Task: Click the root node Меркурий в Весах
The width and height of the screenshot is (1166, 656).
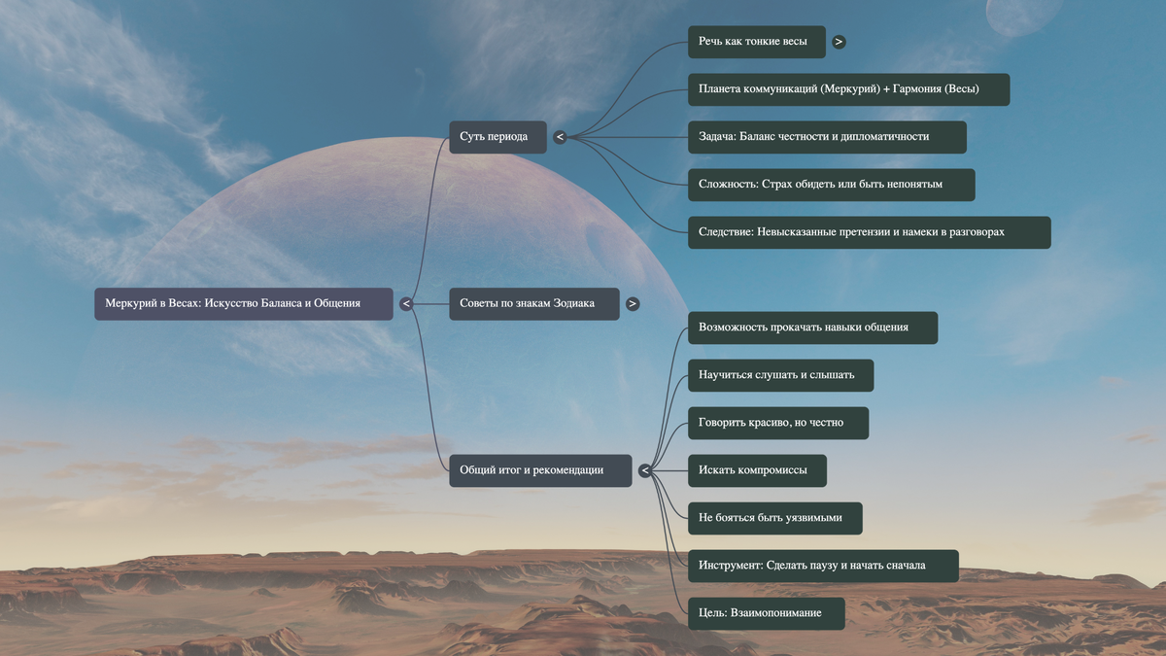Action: click(x=243, y=303)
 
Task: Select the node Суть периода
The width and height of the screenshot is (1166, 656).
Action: click(x=497, y=137)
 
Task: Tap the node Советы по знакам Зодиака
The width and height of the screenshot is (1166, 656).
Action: click(x=533, y=303)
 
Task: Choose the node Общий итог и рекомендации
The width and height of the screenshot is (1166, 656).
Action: click(x=539, y=470)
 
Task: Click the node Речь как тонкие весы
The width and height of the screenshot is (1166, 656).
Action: click(x=756, y=42)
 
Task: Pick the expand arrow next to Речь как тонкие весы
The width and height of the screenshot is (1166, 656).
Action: click(x=839, y=42)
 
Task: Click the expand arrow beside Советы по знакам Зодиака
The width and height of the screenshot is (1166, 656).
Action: click(x=633, y=304)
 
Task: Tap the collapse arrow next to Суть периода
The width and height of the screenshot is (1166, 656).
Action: click(x=560, y=137)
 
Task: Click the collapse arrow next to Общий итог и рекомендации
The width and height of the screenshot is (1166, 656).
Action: click(x=644, y=470)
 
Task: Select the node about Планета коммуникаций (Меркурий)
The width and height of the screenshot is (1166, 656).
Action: click(x=848, y=89)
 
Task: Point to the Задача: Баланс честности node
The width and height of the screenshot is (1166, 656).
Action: click(x=826, y=137)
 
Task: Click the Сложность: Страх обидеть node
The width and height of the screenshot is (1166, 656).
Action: click(x=831, y=185)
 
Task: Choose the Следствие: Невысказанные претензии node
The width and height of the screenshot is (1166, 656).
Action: click(x=869, y=232)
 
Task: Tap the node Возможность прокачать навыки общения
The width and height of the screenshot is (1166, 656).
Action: click(x=812, y=328)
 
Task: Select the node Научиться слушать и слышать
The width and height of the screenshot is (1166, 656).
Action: click(x=780, y=375)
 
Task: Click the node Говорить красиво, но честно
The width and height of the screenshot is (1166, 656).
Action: click(x=777, y=423)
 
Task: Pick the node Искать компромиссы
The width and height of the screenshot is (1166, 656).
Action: click(x=757, y=470)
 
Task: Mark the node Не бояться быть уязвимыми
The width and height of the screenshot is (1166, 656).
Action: click(x=774, y=518)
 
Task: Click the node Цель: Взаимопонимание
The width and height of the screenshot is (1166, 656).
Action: click(x=766, y=613)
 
